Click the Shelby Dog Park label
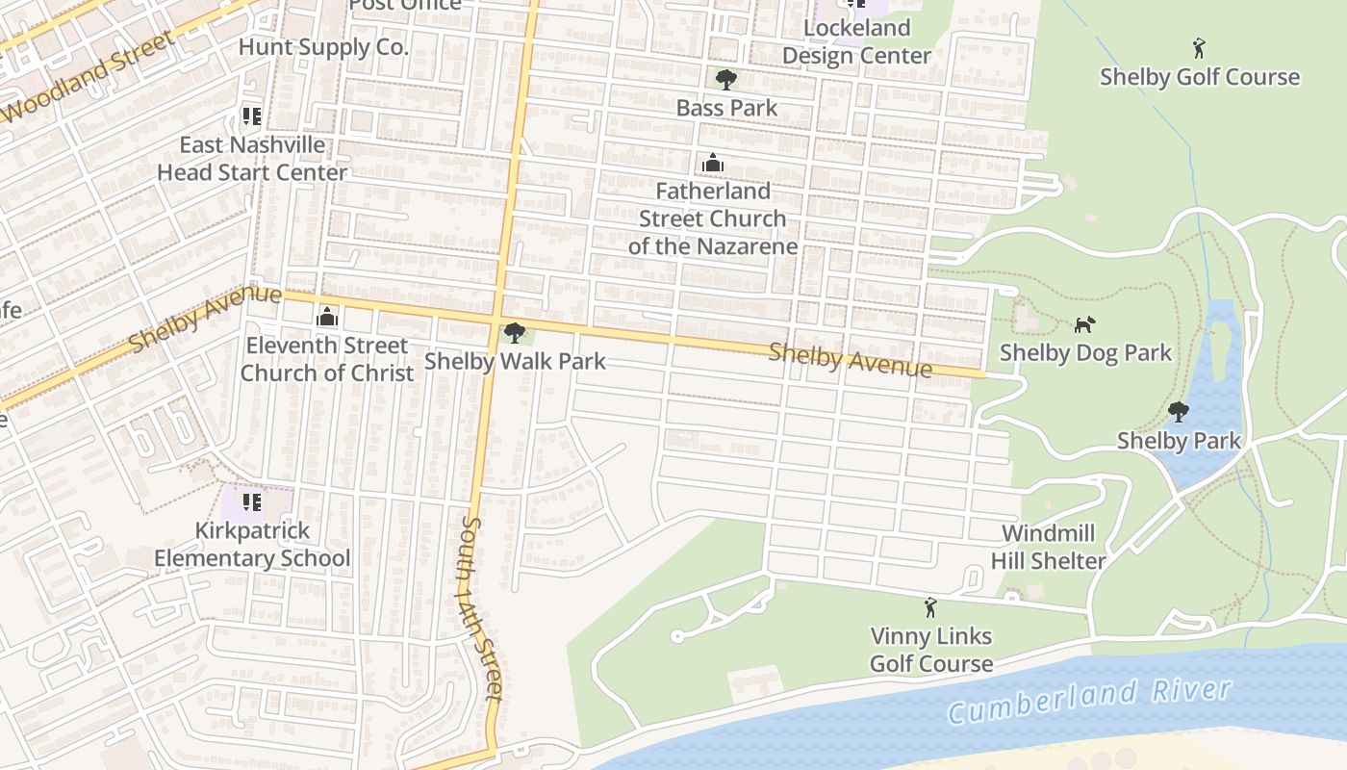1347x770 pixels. click(1085, 352)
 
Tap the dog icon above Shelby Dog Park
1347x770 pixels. click(1084, 325)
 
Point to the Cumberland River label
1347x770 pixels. click(1089, 700)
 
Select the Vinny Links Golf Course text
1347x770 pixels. click(930, 650)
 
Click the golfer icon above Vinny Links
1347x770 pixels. click(929, 607)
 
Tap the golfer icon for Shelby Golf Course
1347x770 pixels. click(1199, 48)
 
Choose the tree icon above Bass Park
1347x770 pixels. click(726, 79)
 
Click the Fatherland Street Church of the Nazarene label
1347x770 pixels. click(713, 218)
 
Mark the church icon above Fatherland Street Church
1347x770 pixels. click(713, 163)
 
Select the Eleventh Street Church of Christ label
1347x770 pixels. click(327, 359)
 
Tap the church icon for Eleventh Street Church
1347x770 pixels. click(327, 317)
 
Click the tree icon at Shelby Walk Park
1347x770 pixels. click(515, 333)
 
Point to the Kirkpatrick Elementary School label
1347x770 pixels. click(252, 544)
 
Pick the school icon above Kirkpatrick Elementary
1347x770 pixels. click(252, 501)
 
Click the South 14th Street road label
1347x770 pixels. click(481, 608)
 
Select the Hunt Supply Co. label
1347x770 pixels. click(323, 46)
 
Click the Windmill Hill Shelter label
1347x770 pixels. click(1049, 547)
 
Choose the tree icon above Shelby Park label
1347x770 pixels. click(1178, 413)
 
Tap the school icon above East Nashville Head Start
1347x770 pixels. click(252, 116)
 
